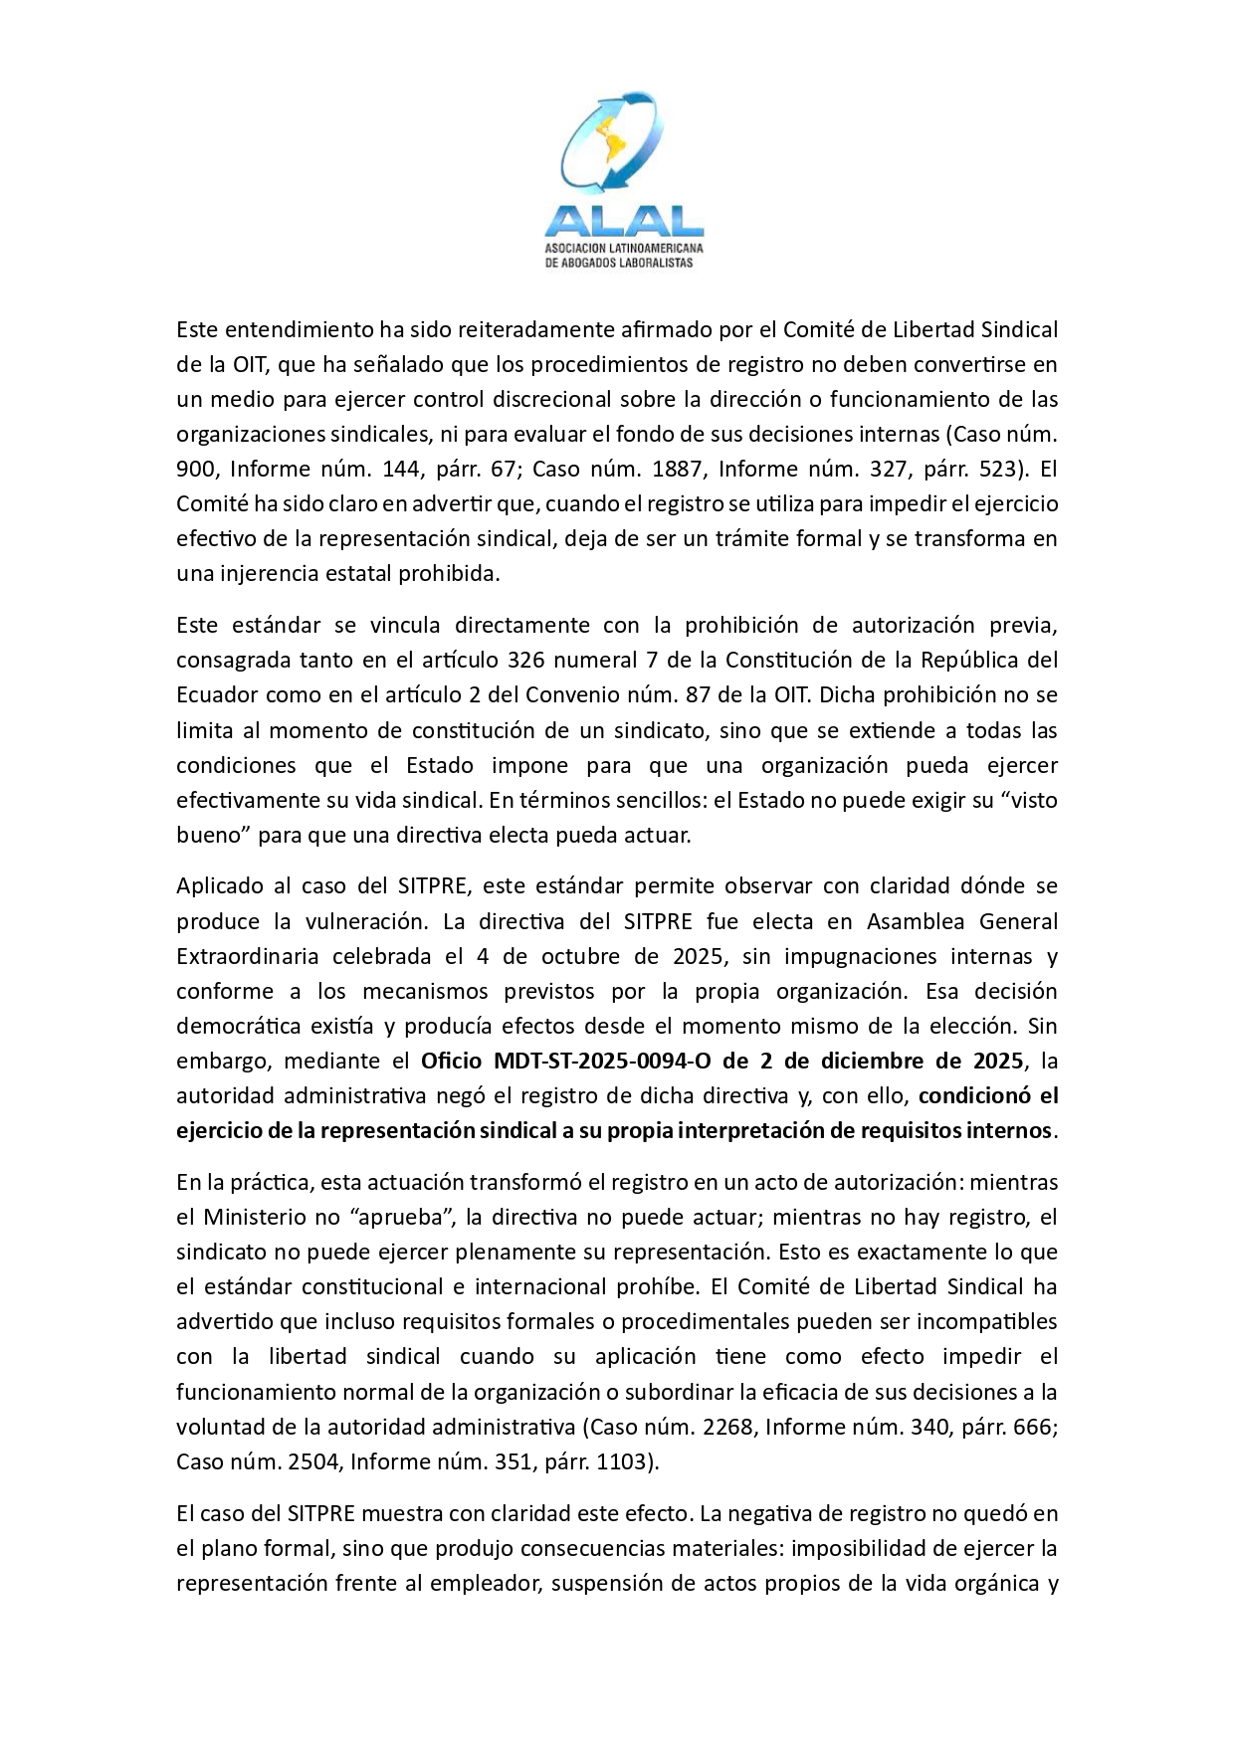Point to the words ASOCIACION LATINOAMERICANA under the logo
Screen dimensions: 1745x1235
624,246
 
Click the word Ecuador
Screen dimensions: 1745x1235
214,695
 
